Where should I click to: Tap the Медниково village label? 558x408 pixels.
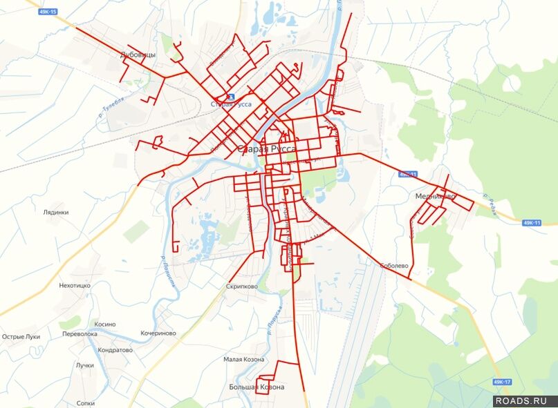tap(435, 197)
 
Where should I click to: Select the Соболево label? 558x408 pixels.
tap(395, 266)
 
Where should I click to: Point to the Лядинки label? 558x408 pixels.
tap(55, 213)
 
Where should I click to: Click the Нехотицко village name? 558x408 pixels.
tap(75, 285)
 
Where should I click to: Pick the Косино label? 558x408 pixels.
tap(105, 324)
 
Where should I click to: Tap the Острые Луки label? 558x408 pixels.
tap(21, 337)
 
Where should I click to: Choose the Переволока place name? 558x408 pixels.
tap(80, 333)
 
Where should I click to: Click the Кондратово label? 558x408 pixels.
tap(115, 350)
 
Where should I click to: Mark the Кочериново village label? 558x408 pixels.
tap(158, 333)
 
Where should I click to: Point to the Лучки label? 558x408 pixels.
tap(85, 365)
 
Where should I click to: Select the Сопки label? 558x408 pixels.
tap(86, 402)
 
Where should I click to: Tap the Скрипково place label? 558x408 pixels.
tap(241, 286)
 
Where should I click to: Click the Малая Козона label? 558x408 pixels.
tap(243, 360)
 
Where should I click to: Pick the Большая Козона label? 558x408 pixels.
tap(257, 387)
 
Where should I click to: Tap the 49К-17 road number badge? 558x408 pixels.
tap(503, 382)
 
